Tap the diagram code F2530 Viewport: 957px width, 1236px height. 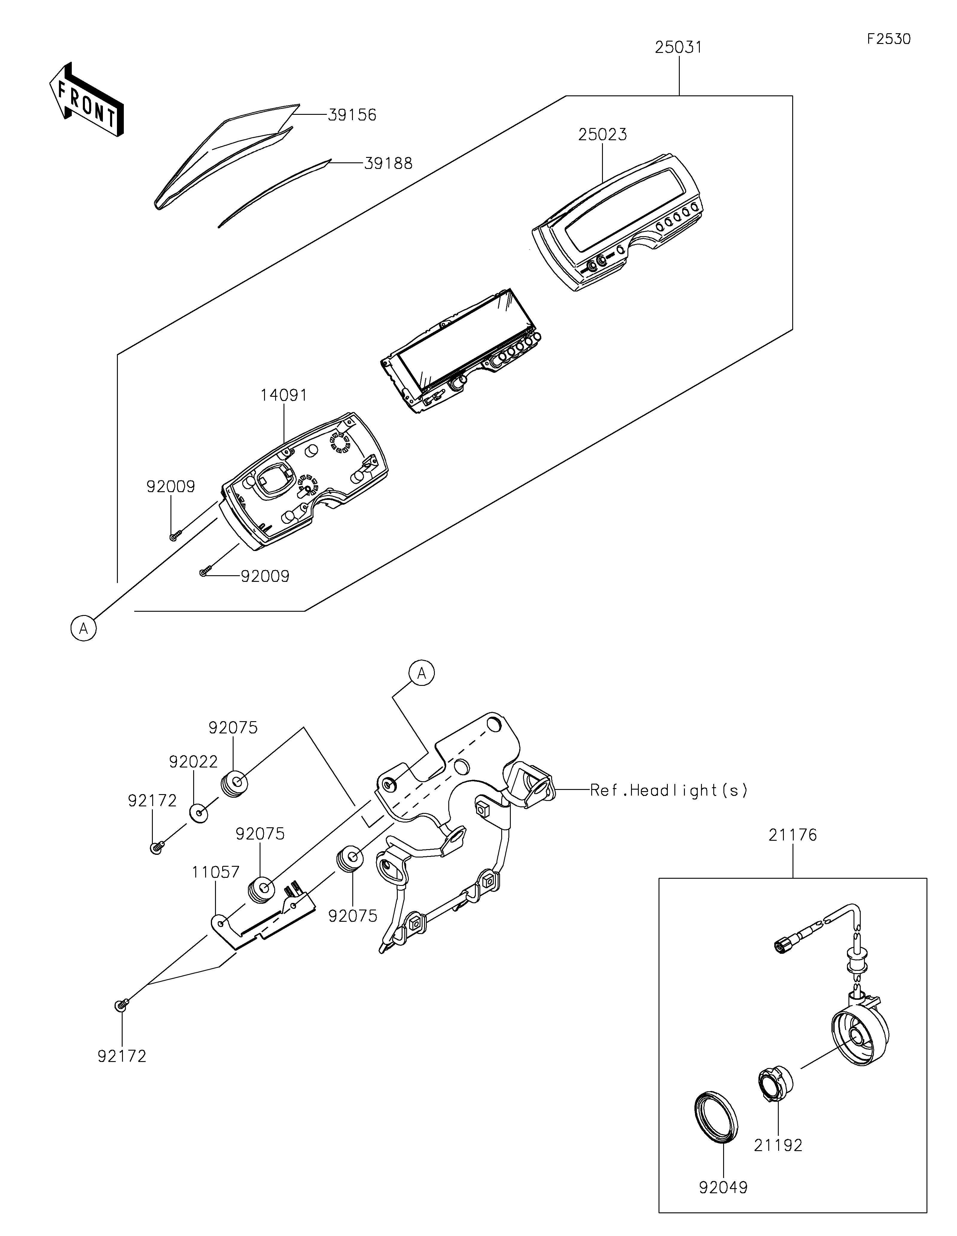[x=889, y=39]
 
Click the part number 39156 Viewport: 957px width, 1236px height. [x=352, y=115]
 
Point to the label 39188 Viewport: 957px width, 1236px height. [x=388, y=164]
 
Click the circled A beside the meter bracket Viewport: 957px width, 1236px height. [x=422, y=673]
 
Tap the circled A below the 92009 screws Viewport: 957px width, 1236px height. [x=84, y=628]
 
